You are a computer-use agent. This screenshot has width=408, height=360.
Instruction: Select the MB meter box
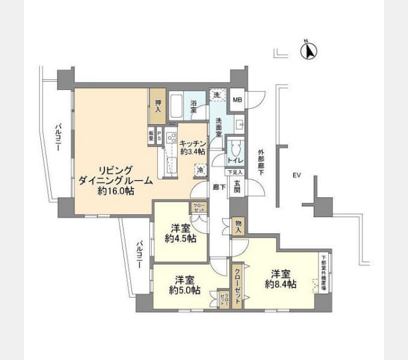coord(238,100)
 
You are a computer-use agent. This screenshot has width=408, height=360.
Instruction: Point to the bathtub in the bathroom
coord(176,107)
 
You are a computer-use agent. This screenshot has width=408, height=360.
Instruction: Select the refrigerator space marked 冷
coord(199,170)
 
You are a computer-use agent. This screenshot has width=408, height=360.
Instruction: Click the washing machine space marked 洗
coord(215,96)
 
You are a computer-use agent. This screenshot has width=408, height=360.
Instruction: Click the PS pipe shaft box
coord(160,135)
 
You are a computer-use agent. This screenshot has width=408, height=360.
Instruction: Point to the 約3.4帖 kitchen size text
coord(193,151)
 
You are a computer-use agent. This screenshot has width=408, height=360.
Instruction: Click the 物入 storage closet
coord(238,226)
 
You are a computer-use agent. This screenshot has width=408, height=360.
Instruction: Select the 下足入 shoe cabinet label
coord(235,172)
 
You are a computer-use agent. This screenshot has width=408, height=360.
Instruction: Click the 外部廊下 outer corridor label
coord(261,162)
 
